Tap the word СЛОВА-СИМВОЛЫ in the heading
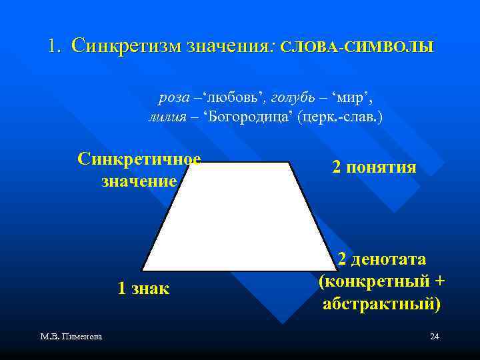coord(357,48)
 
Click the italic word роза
coord(173,99)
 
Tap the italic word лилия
coord(166,117)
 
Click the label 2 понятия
coord(374,167)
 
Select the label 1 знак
coord(143,288)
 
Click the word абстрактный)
coord(381,304)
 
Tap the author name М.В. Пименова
coord(71,337)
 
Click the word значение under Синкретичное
coord(139,181)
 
